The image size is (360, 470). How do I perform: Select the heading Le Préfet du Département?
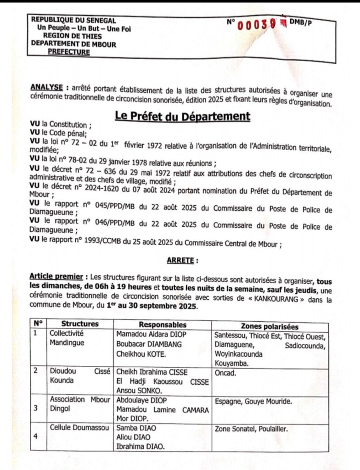click(x=182, y=117)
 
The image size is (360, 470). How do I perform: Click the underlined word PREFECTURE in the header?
click(x=69, y=52)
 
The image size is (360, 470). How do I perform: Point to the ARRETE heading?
click(x=182, y=260)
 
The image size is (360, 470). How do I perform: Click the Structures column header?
click(x=80, y=324)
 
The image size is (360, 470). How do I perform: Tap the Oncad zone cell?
click(x=225, y=373)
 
